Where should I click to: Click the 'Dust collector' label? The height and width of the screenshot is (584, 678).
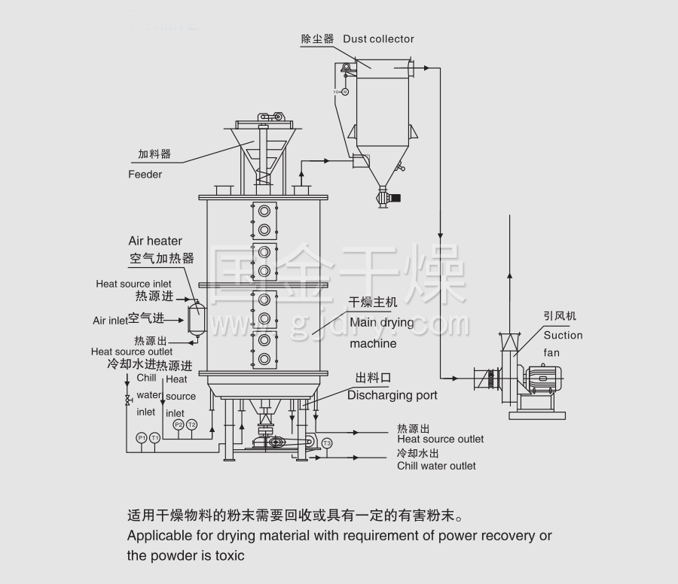[x=378, y=39]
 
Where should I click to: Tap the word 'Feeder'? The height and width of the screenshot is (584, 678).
[x=145, y=175]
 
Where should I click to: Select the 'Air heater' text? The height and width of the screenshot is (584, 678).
[x=154, y=241]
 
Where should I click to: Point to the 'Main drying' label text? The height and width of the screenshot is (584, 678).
[x=382, y=323]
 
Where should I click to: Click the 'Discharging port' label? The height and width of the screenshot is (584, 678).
[x=392, y=395]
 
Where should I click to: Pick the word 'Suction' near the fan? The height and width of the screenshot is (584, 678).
[x=563, y=336]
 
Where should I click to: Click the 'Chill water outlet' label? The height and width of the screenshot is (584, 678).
[x=436, y=466]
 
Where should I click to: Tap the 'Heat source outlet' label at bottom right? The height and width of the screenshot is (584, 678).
[x=441, y=440]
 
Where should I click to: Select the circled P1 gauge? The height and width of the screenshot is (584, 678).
[x=141, y=437]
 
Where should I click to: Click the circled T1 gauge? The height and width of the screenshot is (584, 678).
[x=154, y=437]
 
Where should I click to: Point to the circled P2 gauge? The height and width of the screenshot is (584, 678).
[x=179, y=424]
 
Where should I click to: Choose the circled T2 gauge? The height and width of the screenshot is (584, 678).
[x=191, y=424]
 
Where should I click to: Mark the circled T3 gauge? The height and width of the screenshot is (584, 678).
[x=326, y=443]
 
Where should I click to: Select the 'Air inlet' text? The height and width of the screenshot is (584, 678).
[x=110, y=321]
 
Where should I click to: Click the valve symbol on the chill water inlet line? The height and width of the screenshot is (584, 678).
[x=128, y=399]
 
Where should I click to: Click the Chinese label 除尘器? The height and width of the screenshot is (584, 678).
[x=317, y=39]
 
